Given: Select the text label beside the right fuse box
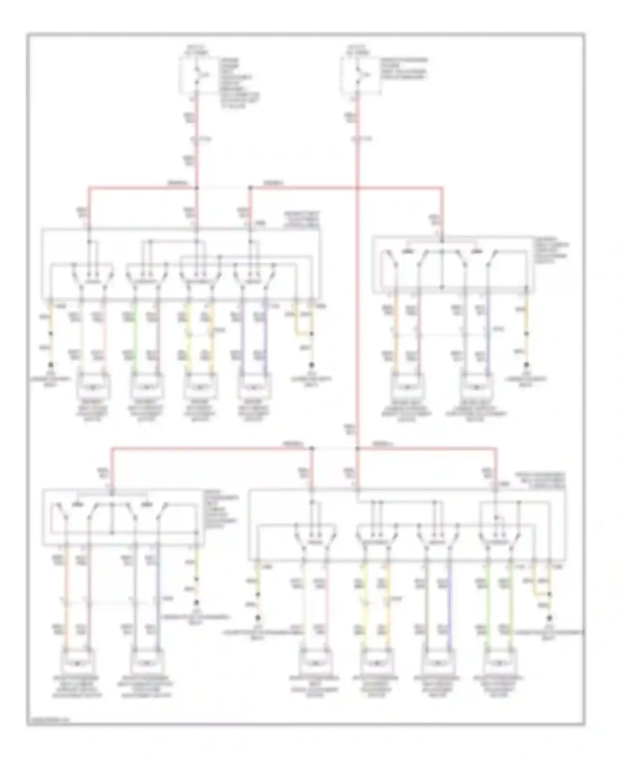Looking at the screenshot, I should pyautogui.click(x=404, y=69).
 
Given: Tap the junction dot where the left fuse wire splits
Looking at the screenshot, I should pyautogui.click(x=197, y=188).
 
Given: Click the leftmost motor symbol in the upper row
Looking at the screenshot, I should pyautogui.click(x=93, y=387).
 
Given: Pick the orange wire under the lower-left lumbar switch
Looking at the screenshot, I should pyautogui.click(x=66, y=598).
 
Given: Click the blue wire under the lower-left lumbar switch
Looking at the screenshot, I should pyautogui.click(x=158, y=598).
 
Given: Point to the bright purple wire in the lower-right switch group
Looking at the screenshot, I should pyautogui.click(x=449, y=598).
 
